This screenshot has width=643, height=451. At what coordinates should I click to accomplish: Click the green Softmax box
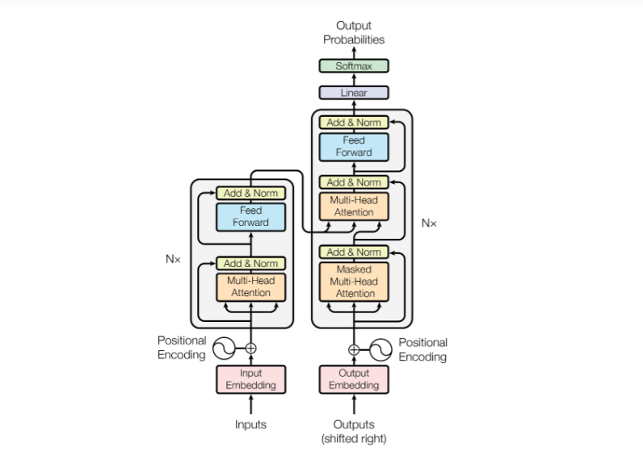354,66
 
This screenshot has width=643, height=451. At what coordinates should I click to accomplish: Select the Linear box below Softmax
354,93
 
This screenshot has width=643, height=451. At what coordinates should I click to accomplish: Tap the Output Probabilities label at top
354,32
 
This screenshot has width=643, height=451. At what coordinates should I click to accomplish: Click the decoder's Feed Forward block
354,147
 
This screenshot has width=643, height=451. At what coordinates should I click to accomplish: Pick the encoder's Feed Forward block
250,216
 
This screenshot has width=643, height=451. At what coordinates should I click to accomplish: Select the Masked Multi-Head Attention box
354,280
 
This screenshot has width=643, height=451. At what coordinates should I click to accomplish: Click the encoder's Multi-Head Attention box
250,286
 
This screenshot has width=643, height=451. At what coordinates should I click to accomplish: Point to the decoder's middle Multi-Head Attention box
354,206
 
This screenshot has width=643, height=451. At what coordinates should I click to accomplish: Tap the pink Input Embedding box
250,379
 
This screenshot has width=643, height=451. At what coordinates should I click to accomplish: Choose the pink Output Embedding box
354,379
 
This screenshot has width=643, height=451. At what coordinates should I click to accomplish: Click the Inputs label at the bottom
250,424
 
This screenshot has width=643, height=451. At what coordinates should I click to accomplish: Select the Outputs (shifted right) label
354,431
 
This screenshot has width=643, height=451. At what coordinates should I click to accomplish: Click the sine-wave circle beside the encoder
223,349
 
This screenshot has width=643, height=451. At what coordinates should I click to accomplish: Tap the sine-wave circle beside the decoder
381,349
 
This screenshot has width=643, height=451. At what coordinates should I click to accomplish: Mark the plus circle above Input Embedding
250,349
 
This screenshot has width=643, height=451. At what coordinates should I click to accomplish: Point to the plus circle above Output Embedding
354,349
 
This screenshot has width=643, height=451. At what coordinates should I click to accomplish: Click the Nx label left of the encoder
173,260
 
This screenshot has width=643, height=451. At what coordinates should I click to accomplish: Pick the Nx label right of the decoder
428,223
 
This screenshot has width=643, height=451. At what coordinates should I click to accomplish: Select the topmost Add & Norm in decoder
354,123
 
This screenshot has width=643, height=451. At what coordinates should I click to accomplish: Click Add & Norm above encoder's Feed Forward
250,193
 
